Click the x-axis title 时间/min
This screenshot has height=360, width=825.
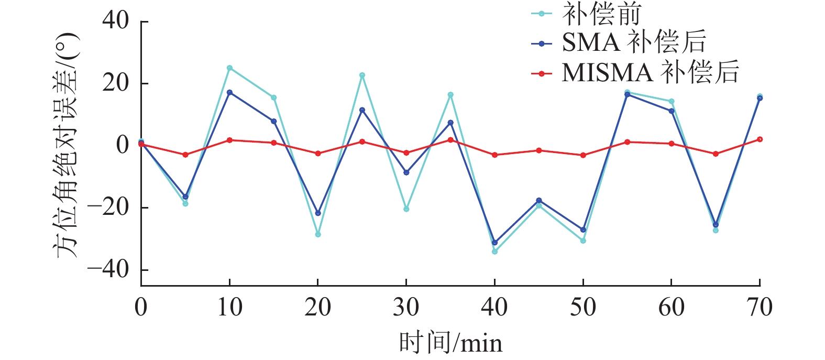coord(450,343)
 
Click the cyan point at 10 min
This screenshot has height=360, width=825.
coord(229,68)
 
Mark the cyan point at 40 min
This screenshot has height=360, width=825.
coord(494,252)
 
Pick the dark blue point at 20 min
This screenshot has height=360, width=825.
coord(318,213)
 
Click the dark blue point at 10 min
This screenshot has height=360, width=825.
coord(229,92)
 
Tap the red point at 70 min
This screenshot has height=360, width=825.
coord(760,139)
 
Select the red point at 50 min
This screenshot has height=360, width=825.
coord(583,155)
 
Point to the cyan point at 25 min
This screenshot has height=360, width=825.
coord(362,75)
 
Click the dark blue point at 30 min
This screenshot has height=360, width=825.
coord(406,172)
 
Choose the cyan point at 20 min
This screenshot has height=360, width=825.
coord(318,234)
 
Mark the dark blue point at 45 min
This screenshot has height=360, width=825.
coord(539,200)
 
